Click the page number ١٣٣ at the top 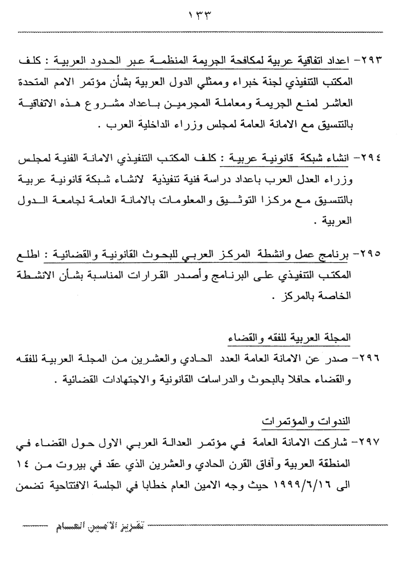coord(202,15)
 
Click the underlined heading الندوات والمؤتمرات coord(308,421)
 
